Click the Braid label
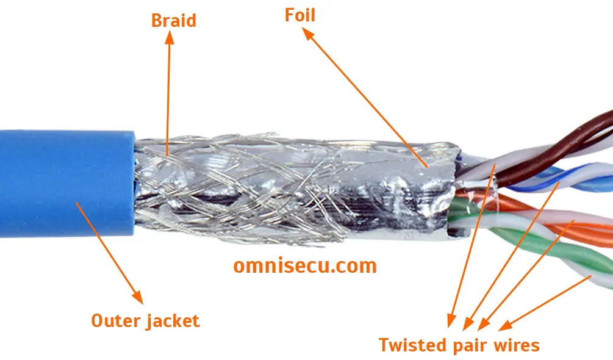pos(174,21)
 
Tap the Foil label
pos(300,15)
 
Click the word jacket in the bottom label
pos(173,321)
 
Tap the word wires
pos(515,345)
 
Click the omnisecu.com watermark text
pos(305,265)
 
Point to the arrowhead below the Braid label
pos(170,37)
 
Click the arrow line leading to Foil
pos(366,98)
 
